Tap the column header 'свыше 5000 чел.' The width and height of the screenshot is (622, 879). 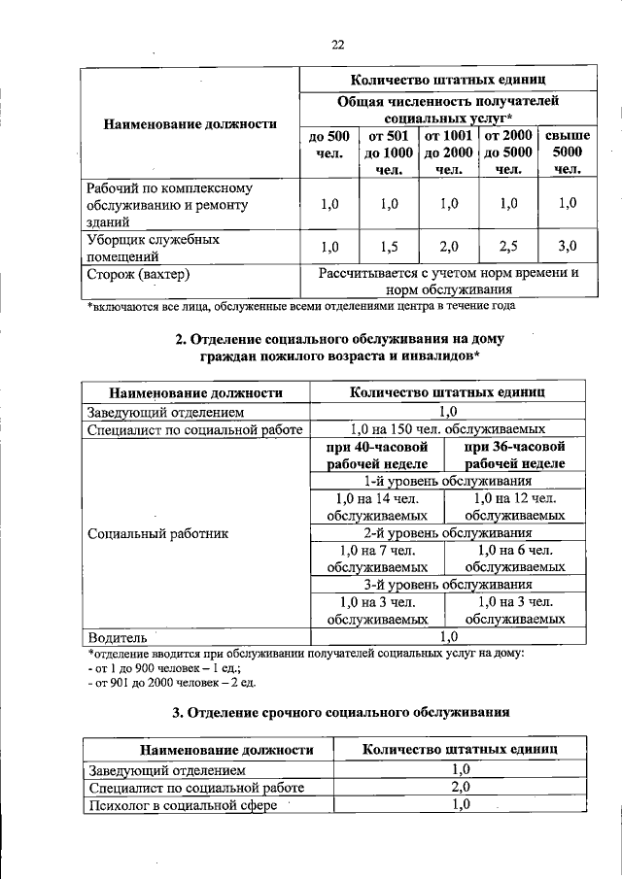pyautogui.click(x=568, y=152)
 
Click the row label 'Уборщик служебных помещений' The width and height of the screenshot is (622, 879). pyautogui.click(x=152, y=247)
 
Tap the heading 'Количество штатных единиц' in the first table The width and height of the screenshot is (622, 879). pyautogui.click(x=447, y=79)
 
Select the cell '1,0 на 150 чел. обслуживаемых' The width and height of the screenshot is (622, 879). pyautogui.click(x=447, y=429)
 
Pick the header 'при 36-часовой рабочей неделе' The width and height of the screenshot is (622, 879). pyautogui.click(x=515, y=455)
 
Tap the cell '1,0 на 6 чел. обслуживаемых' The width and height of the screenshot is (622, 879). pyautogui.click(x=515, y=559)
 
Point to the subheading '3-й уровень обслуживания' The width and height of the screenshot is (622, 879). pyautogui.click(x=447, y=585)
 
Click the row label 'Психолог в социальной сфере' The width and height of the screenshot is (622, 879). pyautogui.click(x=183, y=805)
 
